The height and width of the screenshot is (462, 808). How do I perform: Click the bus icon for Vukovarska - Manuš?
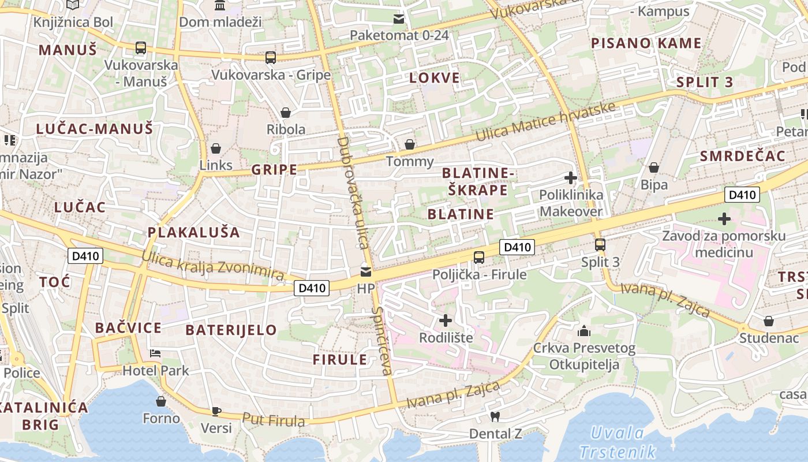(x=140, y=48)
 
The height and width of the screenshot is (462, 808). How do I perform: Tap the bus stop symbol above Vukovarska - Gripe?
(x=271, y=58)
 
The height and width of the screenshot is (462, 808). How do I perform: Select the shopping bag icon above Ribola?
(x=285, y=112)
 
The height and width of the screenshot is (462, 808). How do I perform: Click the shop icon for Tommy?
(x=410, y=144)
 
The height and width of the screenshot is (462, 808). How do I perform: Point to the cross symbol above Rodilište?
(x=446, y=320)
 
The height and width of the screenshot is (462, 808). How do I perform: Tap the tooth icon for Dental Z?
(x=495, y=416)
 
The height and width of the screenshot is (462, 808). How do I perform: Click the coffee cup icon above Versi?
(x=216, y=411)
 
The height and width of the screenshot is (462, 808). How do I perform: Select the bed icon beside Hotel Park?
(x=155, y=353)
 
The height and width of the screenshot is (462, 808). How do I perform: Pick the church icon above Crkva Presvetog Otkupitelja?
(x=584, y=331)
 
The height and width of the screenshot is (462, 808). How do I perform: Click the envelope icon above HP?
(x=366, y=271)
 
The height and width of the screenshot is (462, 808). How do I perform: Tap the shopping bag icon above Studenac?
(x=768, y=321)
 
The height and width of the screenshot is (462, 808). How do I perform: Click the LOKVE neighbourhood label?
(x=435, y=78)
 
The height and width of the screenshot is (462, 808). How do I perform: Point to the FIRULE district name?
(x=340, y=360)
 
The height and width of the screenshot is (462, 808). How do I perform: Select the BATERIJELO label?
(x=231, y=330)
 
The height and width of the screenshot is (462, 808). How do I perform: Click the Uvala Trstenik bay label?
(x=617, y=442)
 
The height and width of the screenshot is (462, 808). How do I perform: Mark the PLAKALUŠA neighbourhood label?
(x=193, y=232)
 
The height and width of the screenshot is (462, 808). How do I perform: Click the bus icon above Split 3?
(x=600, y=245)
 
